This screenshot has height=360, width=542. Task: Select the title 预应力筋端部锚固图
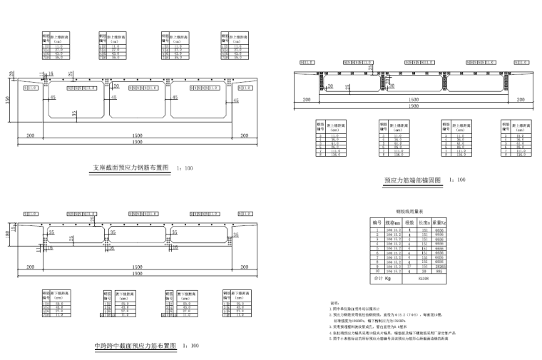[412, 180]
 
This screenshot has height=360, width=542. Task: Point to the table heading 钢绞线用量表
[409, 212]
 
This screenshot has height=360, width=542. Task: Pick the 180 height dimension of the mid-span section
[9, 236]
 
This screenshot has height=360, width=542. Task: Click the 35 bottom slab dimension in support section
[74, 113]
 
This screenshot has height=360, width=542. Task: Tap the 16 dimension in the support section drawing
[50, 73]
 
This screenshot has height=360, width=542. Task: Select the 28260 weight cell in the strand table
[441, 266]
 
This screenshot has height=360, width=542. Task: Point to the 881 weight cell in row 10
[441, 272]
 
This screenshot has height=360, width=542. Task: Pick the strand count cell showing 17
[411, 266]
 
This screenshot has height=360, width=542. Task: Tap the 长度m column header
[426, 222]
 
